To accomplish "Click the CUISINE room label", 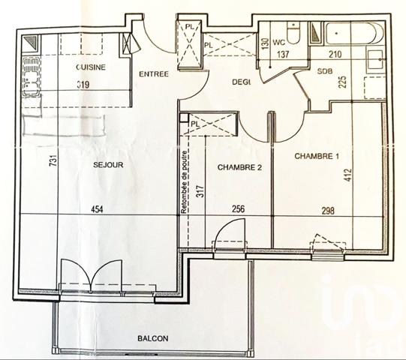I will pyautogui.click(x=90, y=67).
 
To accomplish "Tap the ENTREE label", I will pyautogui.click(x=152, y=74).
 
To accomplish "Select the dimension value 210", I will pyautogui.click(x=334, y=53).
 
